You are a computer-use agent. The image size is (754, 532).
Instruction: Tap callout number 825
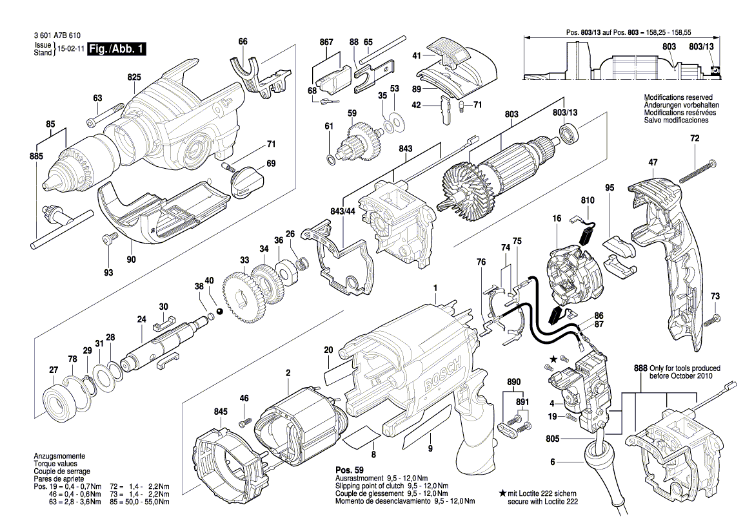click(x=134, y=77)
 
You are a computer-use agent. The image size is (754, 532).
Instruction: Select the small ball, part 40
click(x=219, y=311)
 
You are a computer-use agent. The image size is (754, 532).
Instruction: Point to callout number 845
click(x=221, y=412)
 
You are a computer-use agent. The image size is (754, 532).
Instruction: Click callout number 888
click(x=640, y=368)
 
